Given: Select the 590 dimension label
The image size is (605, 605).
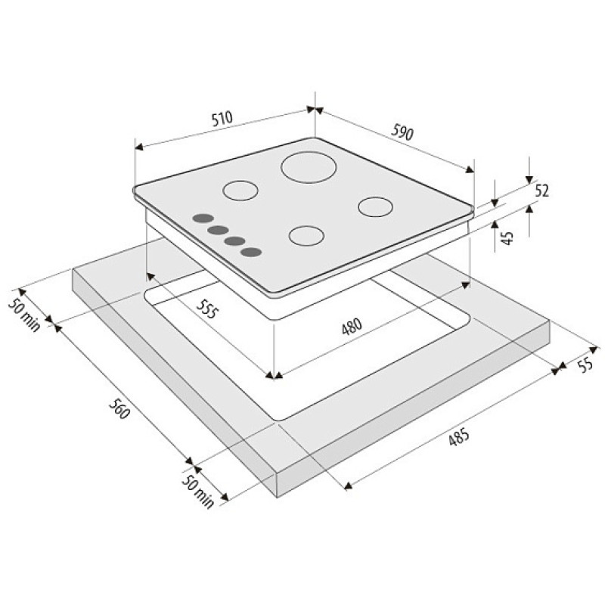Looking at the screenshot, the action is pyautogui.click(x=402, y=132).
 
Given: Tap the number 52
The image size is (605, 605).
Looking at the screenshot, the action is pyautogui.click(x=541, y=191).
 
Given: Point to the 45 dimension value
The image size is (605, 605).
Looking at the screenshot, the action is pyautogui.click(x=507, y=238).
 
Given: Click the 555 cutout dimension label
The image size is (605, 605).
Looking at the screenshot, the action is pyautogui.click(x=206, y=309).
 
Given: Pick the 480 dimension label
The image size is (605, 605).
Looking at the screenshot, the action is pyautogui.click(x=352, y=327).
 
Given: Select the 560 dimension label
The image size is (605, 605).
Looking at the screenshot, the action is pyautogui.click(x=119, y=408).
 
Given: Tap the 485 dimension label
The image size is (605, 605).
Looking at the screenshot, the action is pyautogui.click(x=459, y=438).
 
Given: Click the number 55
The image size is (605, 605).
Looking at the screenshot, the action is pyautogui.click(x=585, y=365).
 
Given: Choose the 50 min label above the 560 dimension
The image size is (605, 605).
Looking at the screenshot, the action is pyautogui.click(x=24, y=315).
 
